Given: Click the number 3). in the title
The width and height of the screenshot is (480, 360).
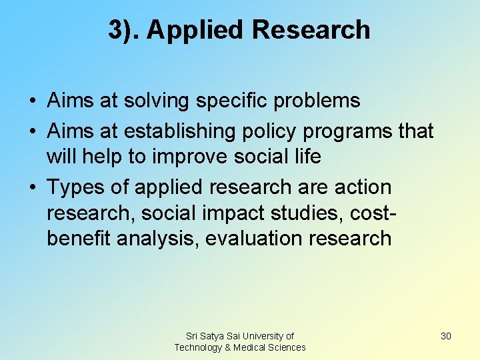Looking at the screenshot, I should pos(124,30).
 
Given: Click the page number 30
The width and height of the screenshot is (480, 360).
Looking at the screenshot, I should pos(446,336).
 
